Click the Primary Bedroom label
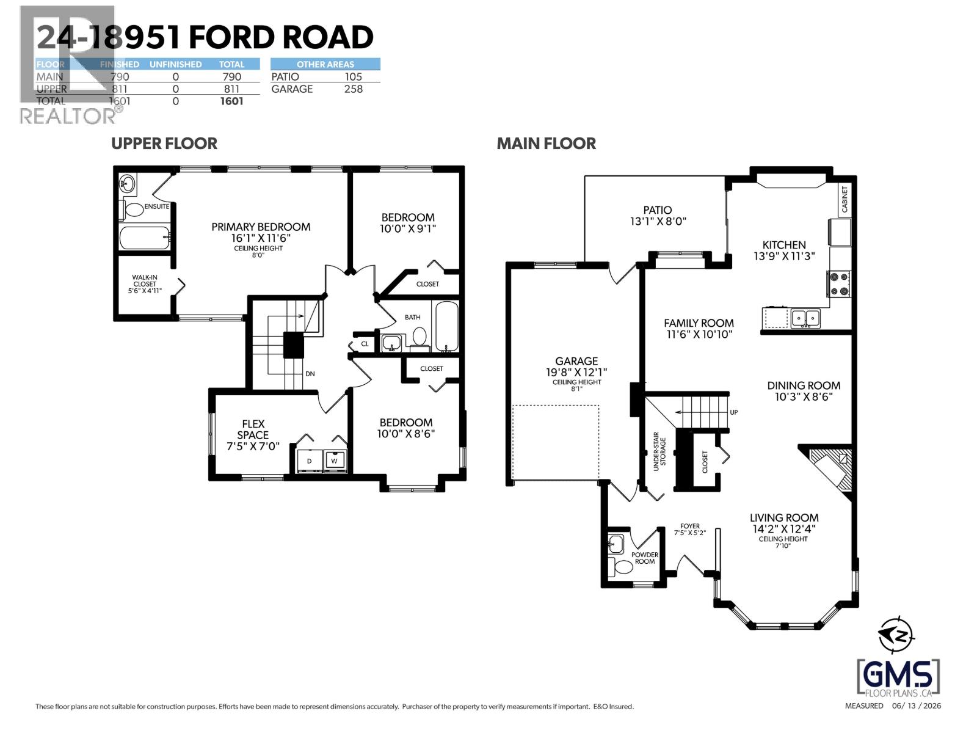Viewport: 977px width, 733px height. point(261,227)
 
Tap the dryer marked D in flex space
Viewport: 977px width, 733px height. point(310,461)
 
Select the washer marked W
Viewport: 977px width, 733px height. point(334,461)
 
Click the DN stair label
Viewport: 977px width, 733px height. point(310,374)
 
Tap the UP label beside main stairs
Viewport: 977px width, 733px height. point(734,412)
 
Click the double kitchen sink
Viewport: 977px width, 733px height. point(805,318)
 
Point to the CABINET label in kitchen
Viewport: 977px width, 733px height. point(844,199)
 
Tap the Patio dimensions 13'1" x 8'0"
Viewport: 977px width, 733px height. point(658,222)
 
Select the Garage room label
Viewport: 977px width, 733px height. point(576,361)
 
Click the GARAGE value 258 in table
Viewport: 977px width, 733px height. point(353,89)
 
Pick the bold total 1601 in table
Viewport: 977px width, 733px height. point(231,101)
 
